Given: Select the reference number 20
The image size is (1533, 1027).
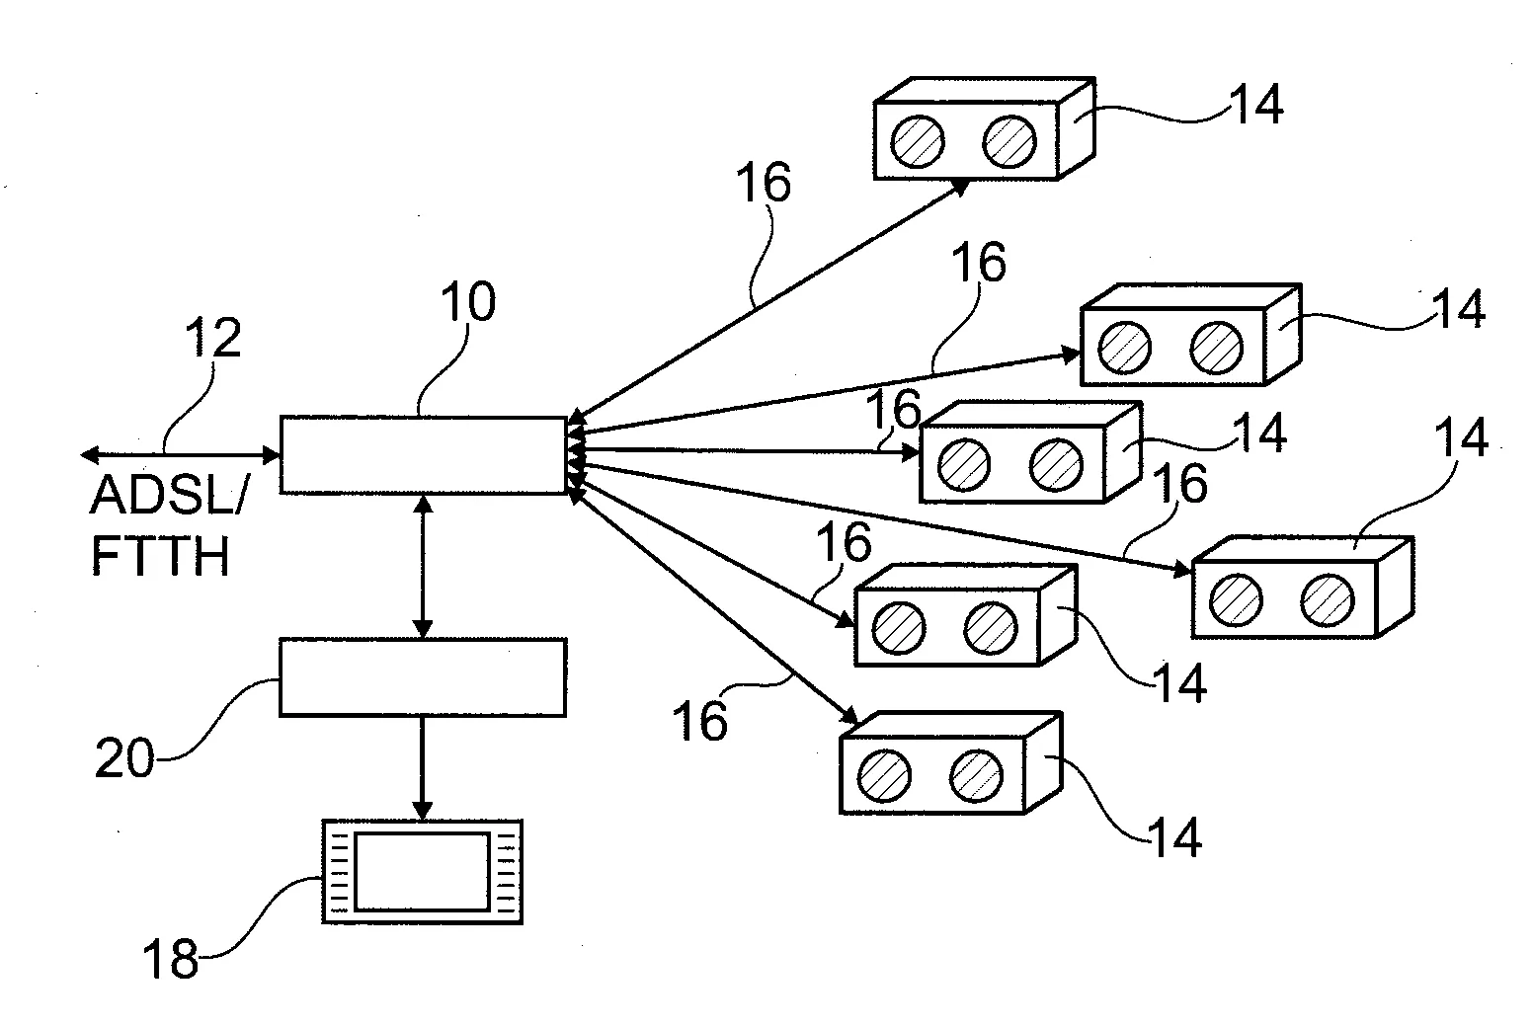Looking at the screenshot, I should [124, 758].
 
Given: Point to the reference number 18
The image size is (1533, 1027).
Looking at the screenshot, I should [171, 957].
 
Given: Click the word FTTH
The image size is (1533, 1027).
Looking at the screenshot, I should [161, 555].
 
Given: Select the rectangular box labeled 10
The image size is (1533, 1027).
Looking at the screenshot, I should [423, 455].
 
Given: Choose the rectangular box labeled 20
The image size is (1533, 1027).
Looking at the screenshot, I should [423, 676].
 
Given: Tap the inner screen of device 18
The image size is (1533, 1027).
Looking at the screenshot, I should [422, 871].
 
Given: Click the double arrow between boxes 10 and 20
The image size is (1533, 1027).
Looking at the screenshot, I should [423, 566].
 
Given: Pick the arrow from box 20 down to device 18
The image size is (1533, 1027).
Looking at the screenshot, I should [423, 767].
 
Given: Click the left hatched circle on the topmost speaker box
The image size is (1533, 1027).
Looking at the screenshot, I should [918, 140].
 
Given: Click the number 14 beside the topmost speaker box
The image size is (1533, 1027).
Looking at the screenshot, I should [1254, 104].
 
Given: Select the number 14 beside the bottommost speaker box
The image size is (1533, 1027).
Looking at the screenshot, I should [1174, 837].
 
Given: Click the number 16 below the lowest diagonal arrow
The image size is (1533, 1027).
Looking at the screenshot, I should [699, 721].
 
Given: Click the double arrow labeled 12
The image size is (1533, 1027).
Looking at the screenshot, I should [181, 455].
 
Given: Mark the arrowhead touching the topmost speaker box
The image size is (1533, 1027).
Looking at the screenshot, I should [960, 186].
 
